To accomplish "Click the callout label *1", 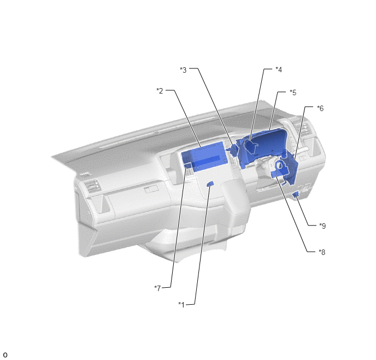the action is coord(182,305).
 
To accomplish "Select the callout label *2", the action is coord(160,91).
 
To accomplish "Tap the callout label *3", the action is coord(183,70).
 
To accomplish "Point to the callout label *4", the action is coord(279,69).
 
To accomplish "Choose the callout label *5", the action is coord(293,92).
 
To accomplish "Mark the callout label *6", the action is coord(320,108).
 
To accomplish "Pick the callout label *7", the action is coord(157,288).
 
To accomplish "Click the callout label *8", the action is coord(322,252).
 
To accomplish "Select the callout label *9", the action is coord(322,226).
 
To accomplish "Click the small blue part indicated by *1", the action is coord(210,184).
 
